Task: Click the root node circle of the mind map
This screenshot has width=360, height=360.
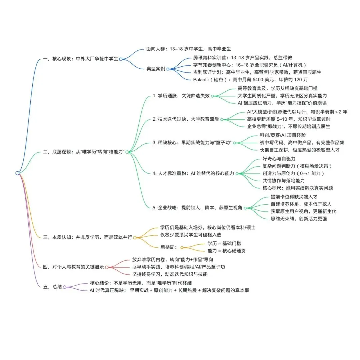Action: point(17,173)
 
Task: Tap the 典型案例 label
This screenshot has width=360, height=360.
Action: point(156,69)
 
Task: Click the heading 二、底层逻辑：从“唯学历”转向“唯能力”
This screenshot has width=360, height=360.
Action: point(84,152)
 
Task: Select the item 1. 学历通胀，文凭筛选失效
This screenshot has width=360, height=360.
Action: point(181,96)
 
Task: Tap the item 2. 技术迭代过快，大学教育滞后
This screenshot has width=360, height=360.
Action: point(186,119)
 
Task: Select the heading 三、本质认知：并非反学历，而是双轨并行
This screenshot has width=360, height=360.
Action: point(88,237)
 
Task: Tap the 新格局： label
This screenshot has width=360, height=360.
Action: point(169,247)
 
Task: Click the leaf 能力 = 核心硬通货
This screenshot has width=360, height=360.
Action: point(227,251)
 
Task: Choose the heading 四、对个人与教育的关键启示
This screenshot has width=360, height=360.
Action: point(73,267)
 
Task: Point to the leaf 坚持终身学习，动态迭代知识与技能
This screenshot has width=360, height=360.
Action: point(170,274)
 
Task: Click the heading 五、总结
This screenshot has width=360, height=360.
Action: point(52,287)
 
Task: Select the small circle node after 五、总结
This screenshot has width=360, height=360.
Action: point(65,287)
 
